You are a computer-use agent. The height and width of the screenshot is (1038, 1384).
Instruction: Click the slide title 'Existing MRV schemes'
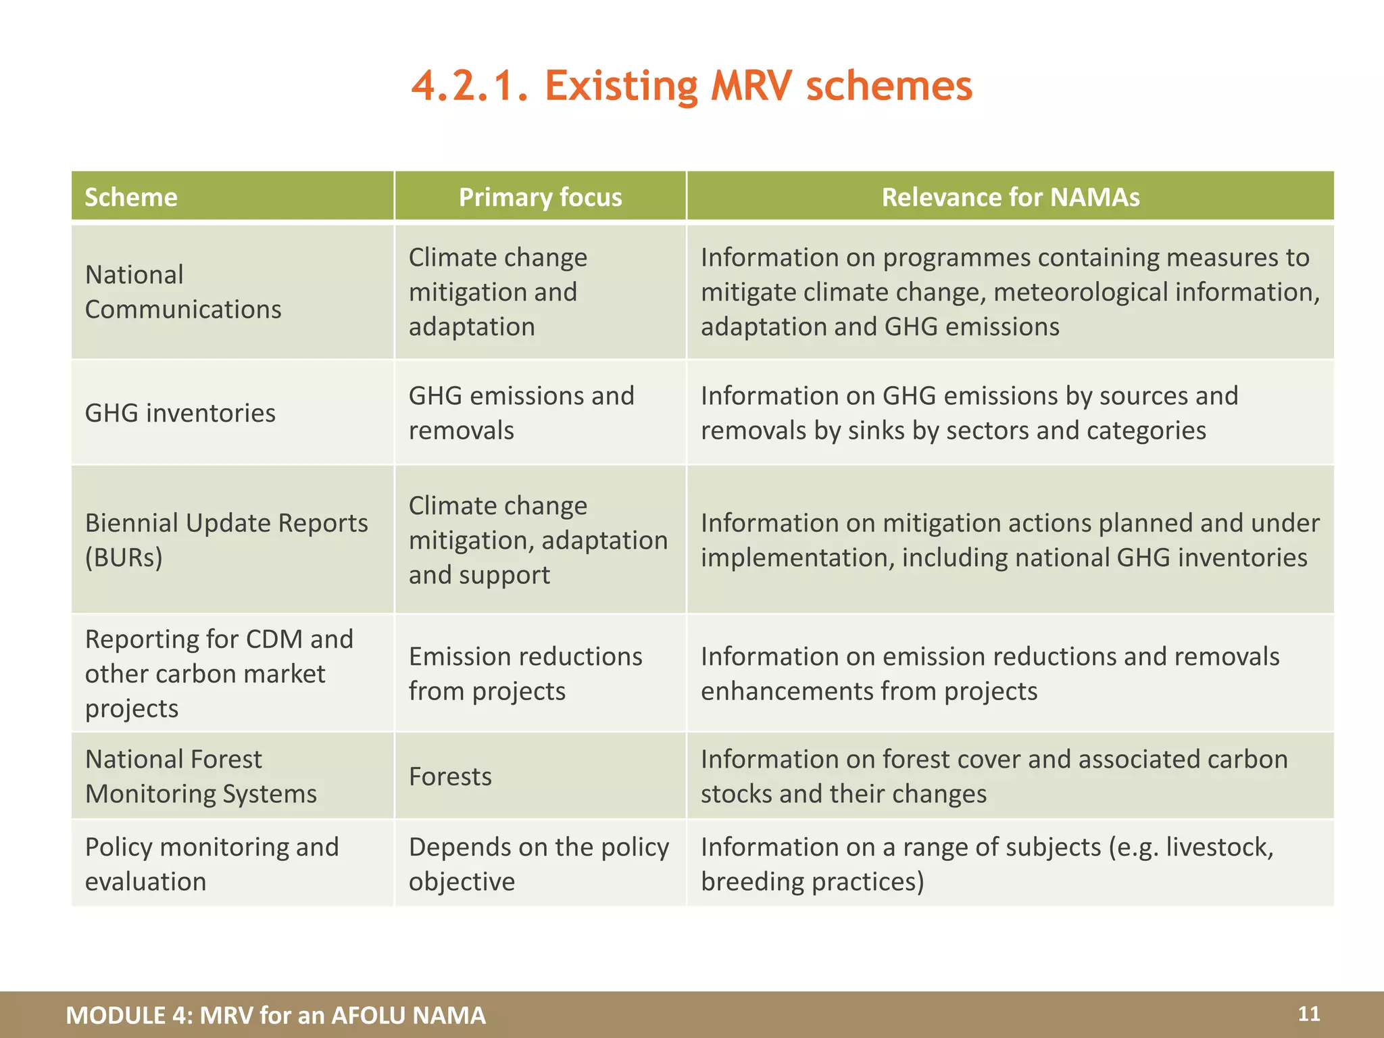pos(691,86)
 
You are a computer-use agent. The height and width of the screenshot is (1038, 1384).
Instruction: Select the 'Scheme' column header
pos(131,197)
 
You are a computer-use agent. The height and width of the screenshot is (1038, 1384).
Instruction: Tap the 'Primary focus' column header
pos(540,197)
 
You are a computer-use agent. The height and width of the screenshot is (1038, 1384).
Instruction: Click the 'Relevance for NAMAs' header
pos(1010,197)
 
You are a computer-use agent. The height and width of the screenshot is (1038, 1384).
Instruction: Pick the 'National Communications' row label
pos(182,292)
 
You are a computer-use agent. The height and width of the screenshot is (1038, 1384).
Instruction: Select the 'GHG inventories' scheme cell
pos(180,413)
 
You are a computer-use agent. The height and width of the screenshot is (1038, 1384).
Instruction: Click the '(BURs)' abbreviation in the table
pos(124,558)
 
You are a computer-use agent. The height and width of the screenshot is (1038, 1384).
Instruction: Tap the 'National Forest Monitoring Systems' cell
pos(201,776)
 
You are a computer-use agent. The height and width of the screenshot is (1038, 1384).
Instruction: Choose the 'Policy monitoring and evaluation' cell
pos(212,864)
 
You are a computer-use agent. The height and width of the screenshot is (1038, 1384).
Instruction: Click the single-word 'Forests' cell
pos(450,776)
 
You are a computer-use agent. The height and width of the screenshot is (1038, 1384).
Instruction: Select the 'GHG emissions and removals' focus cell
pos(521,413)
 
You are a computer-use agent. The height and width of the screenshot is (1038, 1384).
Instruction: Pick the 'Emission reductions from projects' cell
pos(525,674)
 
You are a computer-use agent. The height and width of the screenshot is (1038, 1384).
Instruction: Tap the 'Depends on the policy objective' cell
pos(539,864)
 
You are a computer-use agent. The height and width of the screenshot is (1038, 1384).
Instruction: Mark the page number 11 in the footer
pos(1308,1014)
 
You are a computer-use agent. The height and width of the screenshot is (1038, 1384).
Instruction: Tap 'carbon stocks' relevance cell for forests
pos(993,776)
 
